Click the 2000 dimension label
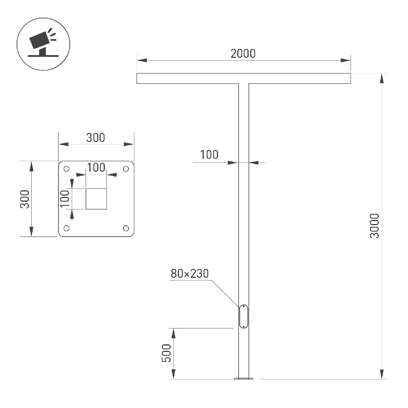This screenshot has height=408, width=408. tap(243, 54)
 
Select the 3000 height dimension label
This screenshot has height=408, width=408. tap(374, 226)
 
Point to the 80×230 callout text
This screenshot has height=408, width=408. tap(189, 274)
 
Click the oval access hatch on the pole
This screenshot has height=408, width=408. tap(243, 317)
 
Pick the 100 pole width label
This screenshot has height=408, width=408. tap(209, 155)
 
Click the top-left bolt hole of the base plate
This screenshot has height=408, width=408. tap(67, 169)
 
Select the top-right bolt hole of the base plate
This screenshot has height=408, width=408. tap(126, 169)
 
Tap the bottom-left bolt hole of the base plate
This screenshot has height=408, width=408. tap(67, 228)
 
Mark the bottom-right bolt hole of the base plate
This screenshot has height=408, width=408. tap(126, 228)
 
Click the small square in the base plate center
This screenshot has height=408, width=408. tap(96, 199)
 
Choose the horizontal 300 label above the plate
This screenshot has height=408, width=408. tap(96, 138)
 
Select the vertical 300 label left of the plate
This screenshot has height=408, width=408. tap(25, 199)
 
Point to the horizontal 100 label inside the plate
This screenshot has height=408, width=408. tap(96, 168)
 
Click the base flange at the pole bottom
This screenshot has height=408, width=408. tap(243, 378)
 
